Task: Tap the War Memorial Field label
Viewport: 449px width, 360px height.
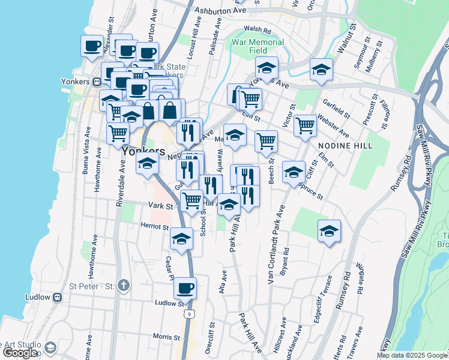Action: (258, 47)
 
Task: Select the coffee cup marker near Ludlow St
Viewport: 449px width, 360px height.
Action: (185, 289)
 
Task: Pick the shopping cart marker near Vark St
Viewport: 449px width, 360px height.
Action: (191, 200)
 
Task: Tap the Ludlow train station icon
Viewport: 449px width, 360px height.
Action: (58, 297)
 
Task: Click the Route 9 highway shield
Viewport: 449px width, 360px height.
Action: (190, 314)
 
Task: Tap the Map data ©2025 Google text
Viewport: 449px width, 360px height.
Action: (412, 355)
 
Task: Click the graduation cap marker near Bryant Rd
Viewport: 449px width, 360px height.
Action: (329, 231)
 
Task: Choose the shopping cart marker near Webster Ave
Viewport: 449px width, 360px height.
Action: (305, 126)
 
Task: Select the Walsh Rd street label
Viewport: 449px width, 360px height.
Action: (258, 29)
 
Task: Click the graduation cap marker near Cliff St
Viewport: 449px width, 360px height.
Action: (294, 173)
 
